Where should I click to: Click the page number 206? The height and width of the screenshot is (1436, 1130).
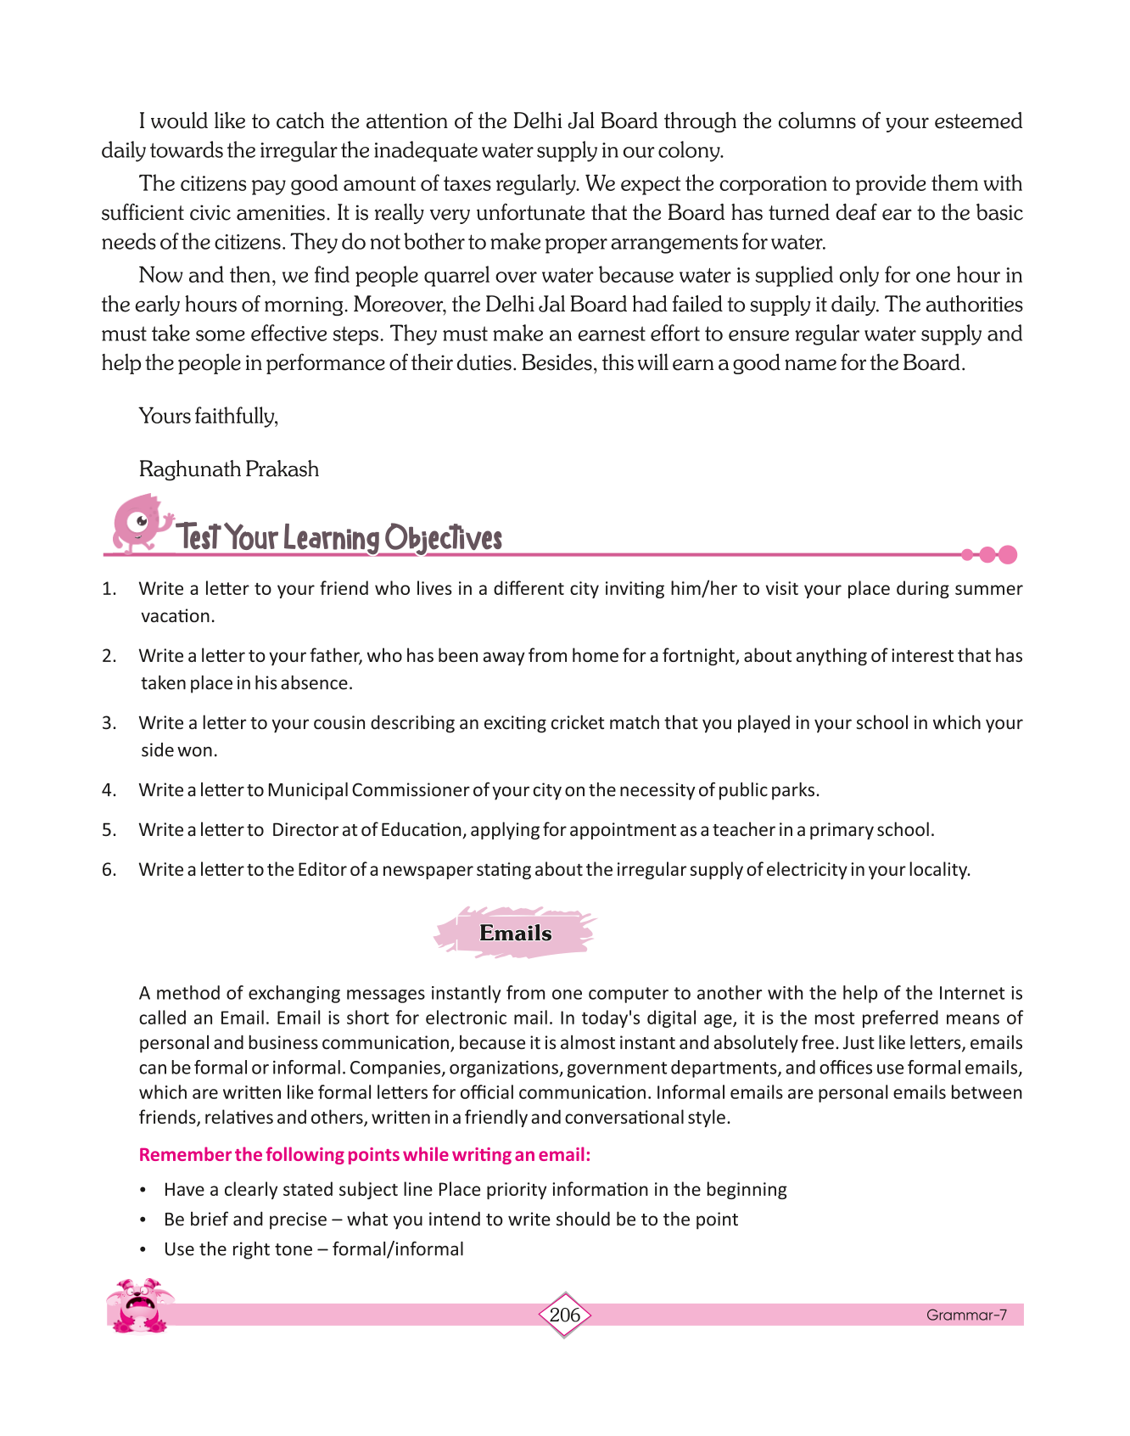[564, 1315]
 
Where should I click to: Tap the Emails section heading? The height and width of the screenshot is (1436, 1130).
[515, 933]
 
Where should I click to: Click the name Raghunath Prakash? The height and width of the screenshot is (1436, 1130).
[228, 469]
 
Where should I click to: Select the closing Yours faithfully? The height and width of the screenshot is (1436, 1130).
[208, 416]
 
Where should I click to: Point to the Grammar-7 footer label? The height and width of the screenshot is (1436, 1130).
[965, 1315]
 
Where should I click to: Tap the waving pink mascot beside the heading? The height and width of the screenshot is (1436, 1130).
[140, 522]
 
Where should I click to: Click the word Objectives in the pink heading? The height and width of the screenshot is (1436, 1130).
[443, 538]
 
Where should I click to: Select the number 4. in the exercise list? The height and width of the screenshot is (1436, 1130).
[109, 790]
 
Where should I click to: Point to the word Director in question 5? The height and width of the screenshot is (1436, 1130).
[304, 830]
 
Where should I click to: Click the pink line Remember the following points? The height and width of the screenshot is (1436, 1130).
[364, 1155]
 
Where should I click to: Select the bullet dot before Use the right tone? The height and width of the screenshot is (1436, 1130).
[143, 1250]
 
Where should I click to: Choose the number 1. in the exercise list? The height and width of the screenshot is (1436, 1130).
[109, 589]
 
